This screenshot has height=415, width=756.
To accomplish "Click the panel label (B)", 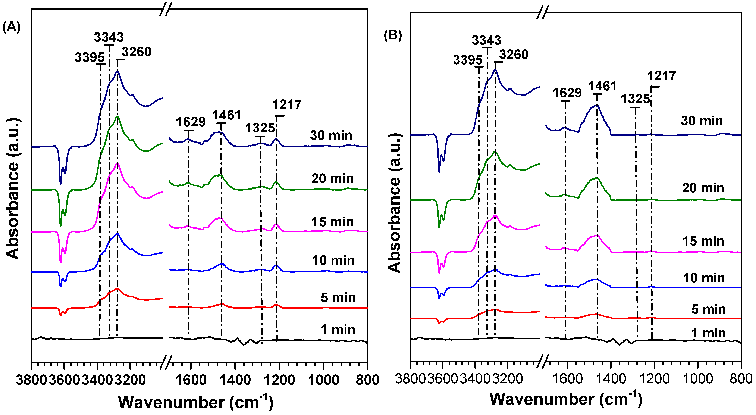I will (393, 35).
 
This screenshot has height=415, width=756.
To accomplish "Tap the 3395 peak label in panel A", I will (90, 57).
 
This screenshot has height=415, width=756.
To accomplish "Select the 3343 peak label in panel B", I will (486, 40).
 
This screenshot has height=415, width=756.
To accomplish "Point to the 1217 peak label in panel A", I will (287, 104).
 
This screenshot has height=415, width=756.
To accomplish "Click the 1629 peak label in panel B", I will (567, 93).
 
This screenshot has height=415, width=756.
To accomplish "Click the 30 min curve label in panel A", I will (331, 135).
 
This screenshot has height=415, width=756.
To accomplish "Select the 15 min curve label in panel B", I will (703, 241).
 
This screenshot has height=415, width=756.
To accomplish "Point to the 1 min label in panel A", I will (338, 330).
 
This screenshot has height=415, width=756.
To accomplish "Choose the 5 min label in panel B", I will (708, 309).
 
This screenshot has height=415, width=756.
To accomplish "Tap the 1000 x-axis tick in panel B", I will (698, 379).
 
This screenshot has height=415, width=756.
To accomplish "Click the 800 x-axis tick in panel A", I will (367, 380).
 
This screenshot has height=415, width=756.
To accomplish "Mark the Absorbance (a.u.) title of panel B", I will (394, 203).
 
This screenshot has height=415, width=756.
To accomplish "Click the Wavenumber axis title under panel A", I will (196, 402).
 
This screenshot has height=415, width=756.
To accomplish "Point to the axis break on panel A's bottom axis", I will (166, 362).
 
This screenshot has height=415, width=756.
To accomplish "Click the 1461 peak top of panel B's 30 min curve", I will (597, 105).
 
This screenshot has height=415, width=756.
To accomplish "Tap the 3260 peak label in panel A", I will (137, 52).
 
